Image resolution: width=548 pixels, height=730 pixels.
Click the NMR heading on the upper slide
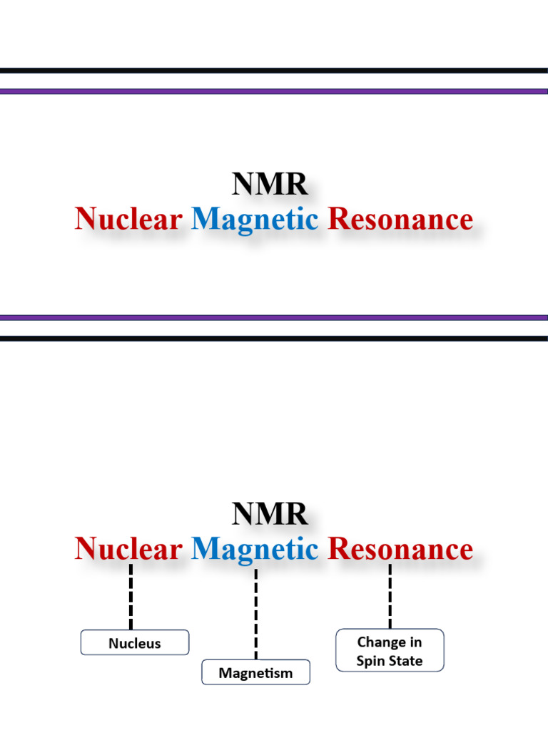[270, 185]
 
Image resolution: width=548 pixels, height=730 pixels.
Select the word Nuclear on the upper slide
[128, 220]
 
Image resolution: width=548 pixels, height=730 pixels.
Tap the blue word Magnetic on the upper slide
[255, 220]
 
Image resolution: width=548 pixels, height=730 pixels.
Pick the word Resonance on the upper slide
[400, 220]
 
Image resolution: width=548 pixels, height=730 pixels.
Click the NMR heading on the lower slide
[270, 514]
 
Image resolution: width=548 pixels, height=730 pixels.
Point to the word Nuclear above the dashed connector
[128, 549]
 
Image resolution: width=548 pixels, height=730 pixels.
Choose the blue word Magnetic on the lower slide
[255, 549]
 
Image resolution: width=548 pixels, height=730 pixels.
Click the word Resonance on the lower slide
[400, 549]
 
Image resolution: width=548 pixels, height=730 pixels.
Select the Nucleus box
[135, 643]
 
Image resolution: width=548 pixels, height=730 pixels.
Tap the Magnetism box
[255, 672]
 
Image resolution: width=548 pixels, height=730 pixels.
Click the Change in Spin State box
[390, 651]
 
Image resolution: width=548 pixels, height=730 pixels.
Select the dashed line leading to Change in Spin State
[390, 596]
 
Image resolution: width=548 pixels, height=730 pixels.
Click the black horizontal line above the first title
[274, 71]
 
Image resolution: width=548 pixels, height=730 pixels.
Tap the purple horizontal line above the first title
[274, 92]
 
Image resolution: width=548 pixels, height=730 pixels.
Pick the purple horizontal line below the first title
[274, 318]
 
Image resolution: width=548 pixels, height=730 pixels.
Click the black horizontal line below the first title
[274, 339]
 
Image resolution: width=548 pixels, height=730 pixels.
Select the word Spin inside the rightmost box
[370, 661]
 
